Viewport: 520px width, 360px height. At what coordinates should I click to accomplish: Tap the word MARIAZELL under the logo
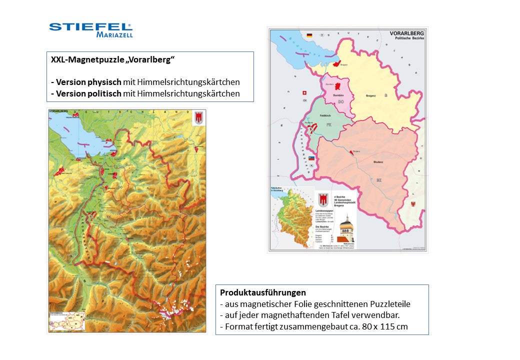click(114, 35)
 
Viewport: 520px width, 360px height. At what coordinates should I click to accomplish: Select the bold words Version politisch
click(88, 93)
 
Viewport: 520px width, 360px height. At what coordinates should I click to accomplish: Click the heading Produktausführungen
click(262, 292)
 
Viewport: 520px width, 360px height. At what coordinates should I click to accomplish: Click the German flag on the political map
click(309, 35)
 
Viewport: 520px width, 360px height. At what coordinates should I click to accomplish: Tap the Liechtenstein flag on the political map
click(311, 158)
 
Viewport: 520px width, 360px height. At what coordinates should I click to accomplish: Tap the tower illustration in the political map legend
click(346, 227)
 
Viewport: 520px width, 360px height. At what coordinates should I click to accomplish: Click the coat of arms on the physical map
click(198, 117)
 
